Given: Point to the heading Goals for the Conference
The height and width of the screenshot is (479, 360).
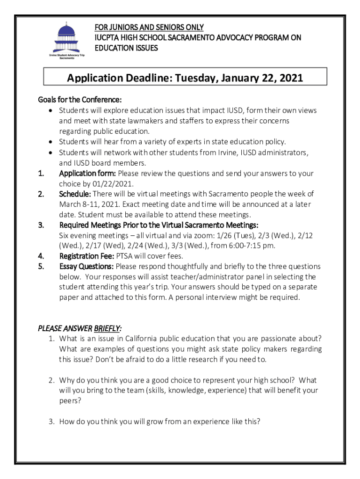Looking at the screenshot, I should pyautogui.click(x=80, y=100).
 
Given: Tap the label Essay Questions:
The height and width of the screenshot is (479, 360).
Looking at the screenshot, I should pyautogui.click(x=86, y=267).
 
